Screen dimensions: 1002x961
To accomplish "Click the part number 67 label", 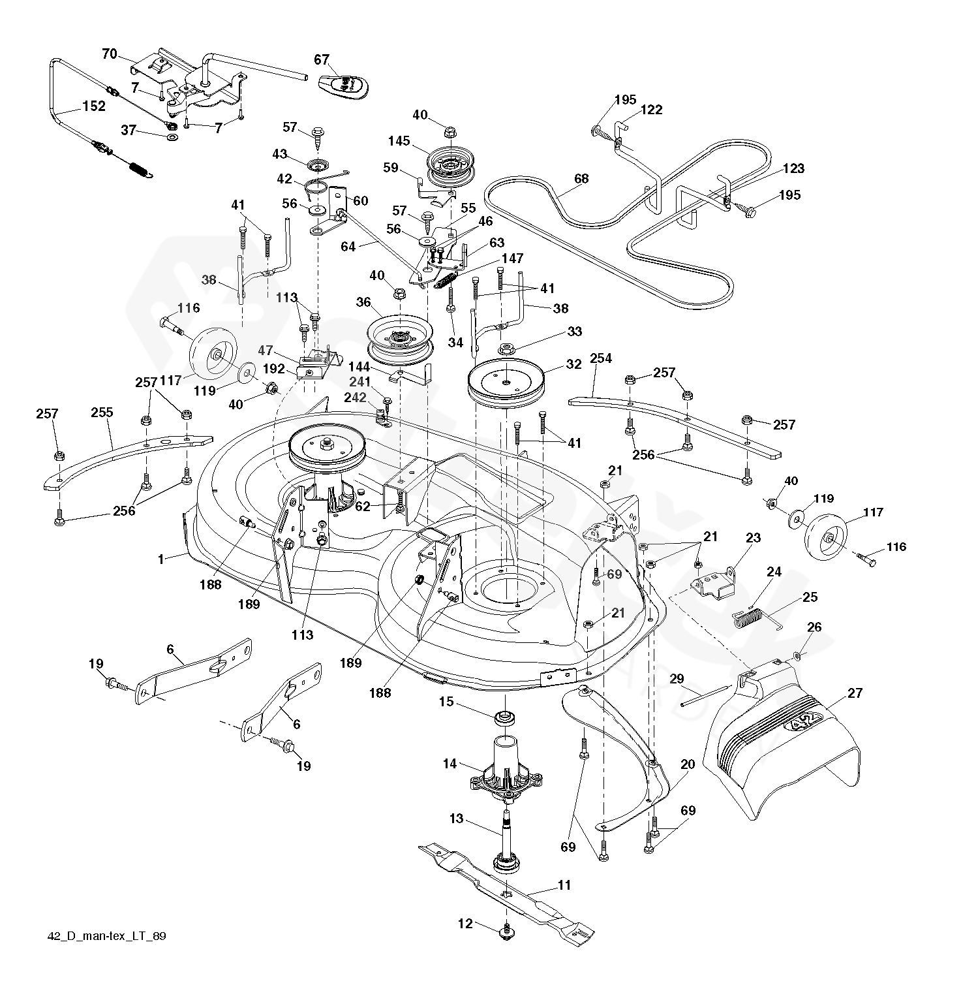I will pyautogui.click(x=322, y=60).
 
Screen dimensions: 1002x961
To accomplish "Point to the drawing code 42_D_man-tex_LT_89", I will pyautogui.click(x=107, y=936).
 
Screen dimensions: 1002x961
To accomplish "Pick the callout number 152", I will pyautogui.click(x=93, y=106).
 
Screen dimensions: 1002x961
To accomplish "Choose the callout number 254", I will pyautogui.click(x=601, y=358).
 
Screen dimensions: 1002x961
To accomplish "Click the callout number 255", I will pyautogui.click(x=102, y=413).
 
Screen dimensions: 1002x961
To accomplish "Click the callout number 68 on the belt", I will pyautogui.click(x=581, y=178).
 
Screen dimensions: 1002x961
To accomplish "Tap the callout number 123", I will pyautogui.click(x=793, y=168).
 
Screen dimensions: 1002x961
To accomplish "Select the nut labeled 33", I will pyautogui.click(x=507, y=348).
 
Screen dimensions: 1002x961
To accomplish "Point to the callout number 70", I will pyautogui.click(x=110, y=54).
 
